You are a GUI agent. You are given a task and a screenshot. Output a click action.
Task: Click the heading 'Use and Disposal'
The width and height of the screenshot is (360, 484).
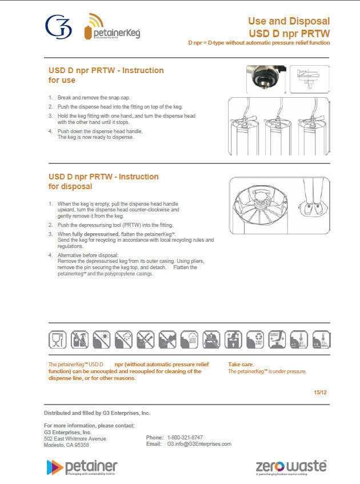(x=289, y=21)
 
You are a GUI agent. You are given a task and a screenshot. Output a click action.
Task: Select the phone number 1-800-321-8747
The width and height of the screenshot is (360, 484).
(x=185, y=437)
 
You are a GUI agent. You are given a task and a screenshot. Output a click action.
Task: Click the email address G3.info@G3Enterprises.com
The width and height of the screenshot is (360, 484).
(x=199, y=444)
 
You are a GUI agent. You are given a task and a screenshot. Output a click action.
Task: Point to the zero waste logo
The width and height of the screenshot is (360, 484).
(x=291, y=466)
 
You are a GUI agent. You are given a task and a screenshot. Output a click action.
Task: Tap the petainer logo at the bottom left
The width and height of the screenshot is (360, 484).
(x=81, y=467)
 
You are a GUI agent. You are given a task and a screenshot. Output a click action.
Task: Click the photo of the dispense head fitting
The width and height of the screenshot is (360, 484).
(x=265, y=79)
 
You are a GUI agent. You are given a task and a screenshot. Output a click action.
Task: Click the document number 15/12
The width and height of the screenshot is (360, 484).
(x=320, y=392)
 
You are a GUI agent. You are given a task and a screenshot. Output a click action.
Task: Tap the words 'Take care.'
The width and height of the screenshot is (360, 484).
(x=241, y=364)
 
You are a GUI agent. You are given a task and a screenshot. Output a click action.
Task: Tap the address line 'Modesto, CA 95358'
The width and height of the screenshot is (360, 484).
(x=66, y=445)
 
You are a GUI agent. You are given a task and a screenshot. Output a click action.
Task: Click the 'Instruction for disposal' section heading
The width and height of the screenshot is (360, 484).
(x=103, y=182)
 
